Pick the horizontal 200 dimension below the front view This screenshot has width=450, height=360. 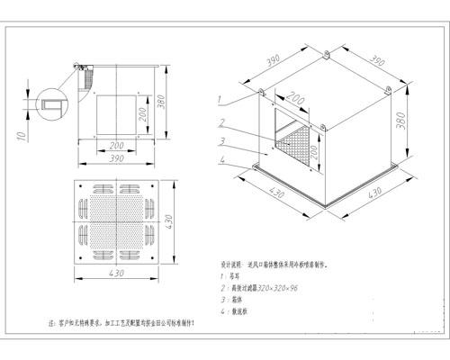tap(115, 144)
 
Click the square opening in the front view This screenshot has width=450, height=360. tap(112, 113)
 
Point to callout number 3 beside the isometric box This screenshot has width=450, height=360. tap(219, 141)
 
